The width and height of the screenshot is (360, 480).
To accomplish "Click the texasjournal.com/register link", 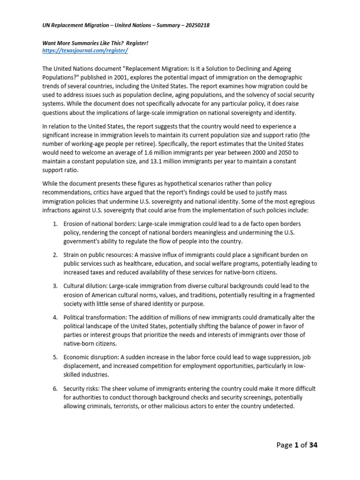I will (85, 50).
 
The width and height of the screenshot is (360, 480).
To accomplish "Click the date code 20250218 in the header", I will (193, 25).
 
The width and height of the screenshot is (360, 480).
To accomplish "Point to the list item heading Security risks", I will (82, 388).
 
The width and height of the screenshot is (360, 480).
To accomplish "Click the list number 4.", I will (54, 317).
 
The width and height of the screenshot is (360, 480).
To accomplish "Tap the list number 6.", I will (54, 388).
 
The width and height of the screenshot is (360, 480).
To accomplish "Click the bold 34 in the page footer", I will (312, 445).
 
